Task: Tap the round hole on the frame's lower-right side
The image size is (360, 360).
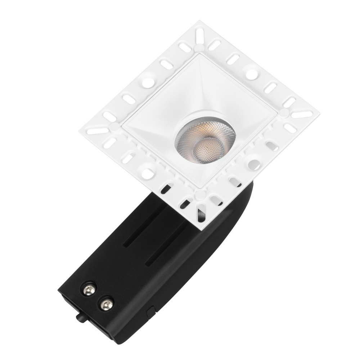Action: [x=255, y=164]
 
